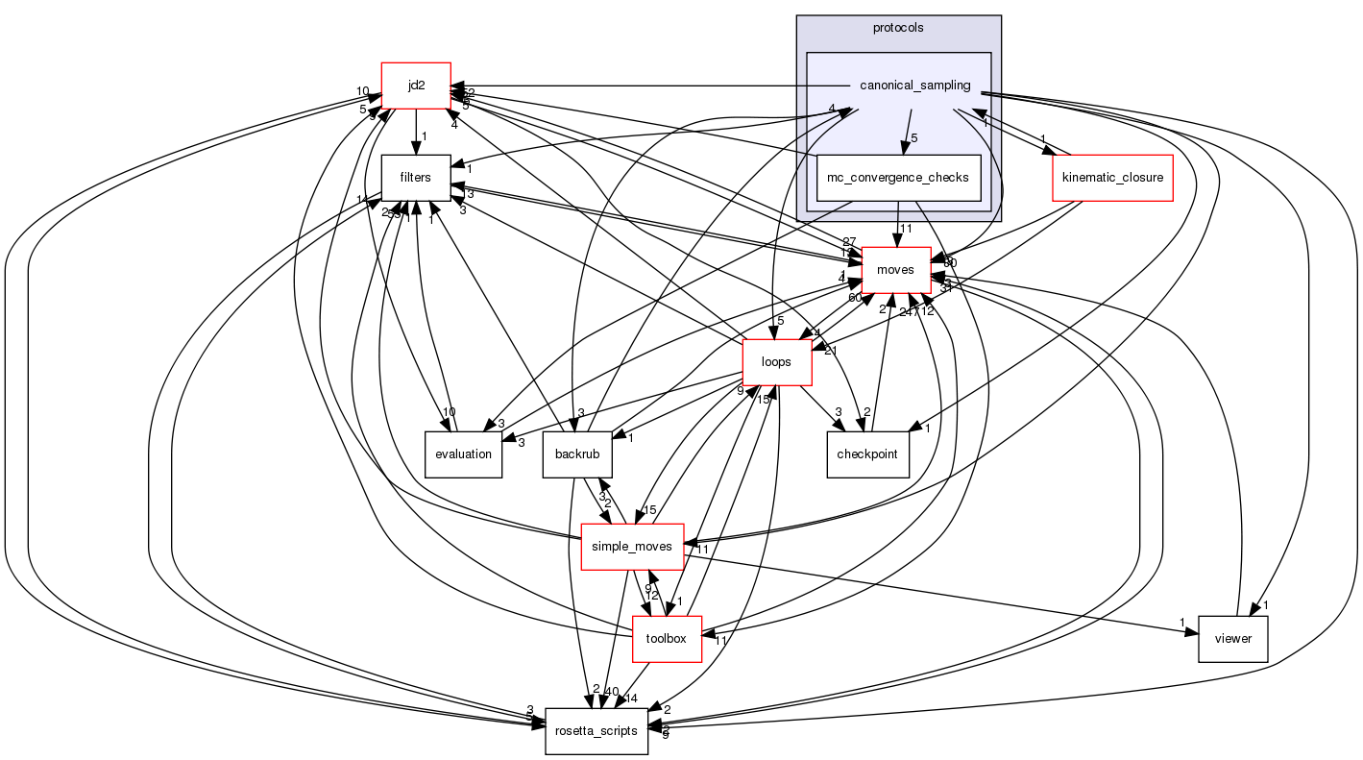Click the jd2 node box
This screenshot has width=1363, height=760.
416,86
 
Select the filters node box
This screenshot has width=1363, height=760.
416,178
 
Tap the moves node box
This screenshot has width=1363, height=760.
895,270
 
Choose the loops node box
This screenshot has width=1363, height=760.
775,362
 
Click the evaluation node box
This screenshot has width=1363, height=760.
463,454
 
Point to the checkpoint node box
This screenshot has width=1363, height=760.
868,454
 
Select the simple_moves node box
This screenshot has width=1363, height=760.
632,547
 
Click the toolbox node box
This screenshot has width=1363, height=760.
667,639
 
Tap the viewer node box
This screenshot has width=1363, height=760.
1232,639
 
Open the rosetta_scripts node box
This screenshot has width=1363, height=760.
596,731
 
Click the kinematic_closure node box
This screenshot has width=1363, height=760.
1113,178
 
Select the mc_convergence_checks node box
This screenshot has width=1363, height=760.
898,178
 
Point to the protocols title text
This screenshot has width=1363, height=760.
898,28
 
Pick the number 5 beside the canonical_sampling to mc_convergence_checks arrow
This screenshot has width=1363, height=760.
914,138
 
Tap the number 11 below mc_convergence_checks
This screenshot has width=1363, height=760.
906,229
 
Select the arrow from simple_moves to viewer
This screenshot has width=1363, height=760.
941,592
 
